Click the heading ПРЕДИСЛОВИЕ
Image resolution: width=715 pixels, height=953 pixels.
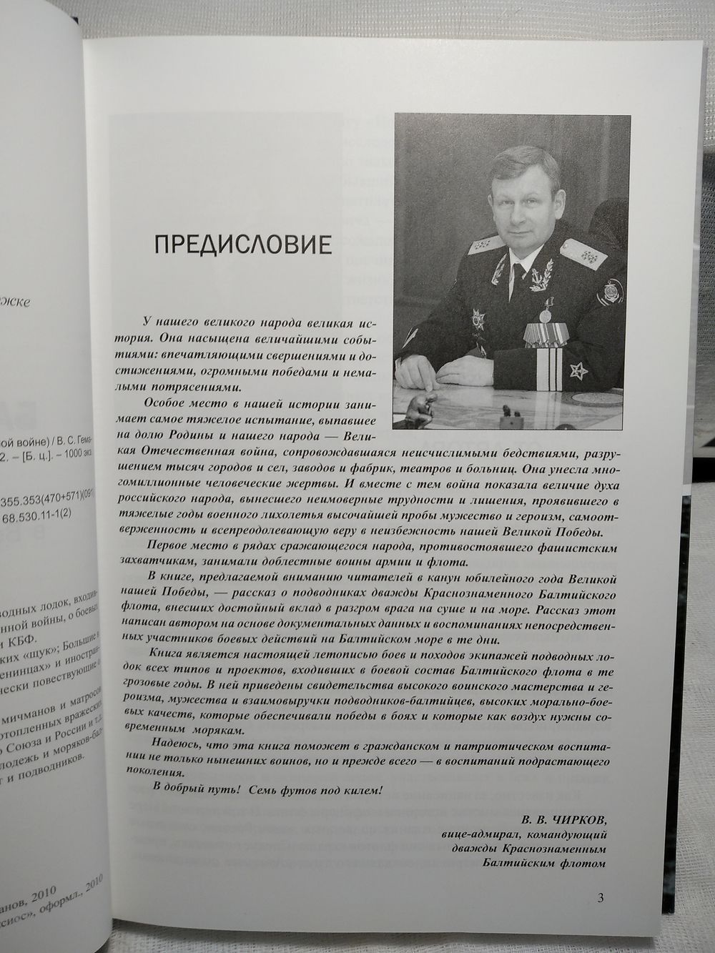[x=243, y=246]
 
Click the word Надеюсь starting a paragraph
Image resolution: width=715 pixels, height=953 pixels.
[x=172, y=744]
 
